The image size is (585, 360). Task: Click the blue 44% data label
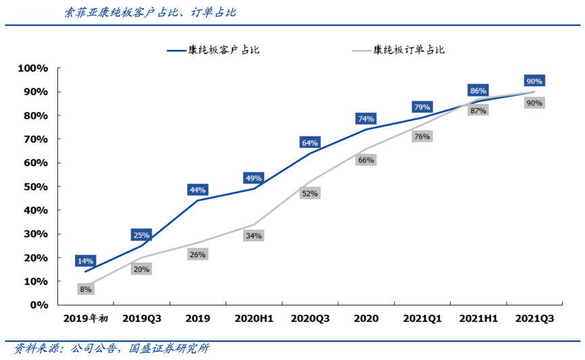[x=198, y=190]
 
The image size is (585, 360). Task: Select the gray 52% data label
[x=310, y=193]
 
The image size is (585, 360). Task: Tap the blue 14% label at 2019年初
[x=86, y=261]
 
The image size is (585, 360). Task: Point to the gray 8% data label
[x=86, y=289]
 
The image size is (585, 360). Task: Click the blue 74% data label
[x=366, y=119]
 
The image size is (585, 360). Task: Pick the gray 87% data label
[x=478, y=110]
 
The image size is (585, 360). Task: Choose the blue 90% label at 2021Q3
[x=534, y=80]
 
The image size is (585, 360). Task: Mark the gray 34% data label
[x=254, y=236]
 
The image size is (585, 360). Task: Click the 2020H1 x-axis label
[x=254, y=318]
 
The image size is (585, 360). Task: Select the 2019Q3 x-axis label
[x=142, y=318]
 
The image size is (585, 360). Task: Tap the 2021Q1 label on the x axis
[x=422, y=318]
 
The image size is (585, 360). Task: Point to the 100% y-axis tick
[x=32, y=68]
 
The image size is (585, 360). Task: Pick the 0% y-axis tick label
[x=39, y=305]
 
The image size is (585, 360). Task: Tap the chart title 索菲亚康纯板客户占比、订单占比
[x=150, y=13]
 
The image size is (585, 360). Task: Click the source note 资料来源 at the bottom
[x=112, y=349]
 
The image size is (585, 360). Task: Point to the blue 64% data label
[x=310, y=143]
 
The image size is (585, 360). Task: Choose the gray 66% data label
[x=366, y=160]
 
